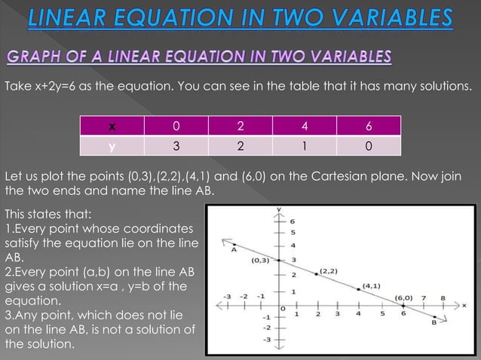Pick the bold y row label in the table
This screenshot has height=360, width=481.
tap(112, 146)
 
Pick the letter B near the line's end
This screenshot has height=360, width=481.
tap(435, 322)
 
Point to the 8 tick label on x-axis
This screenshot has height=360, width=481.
tap(443, 298)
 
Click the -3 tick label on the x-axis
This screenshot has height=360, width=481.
tap(228, 296)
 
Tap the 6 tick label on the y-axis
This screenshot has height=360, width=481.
tap(293, 221)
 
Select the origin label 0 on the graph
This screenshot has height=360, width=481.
tap(283, 309)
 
